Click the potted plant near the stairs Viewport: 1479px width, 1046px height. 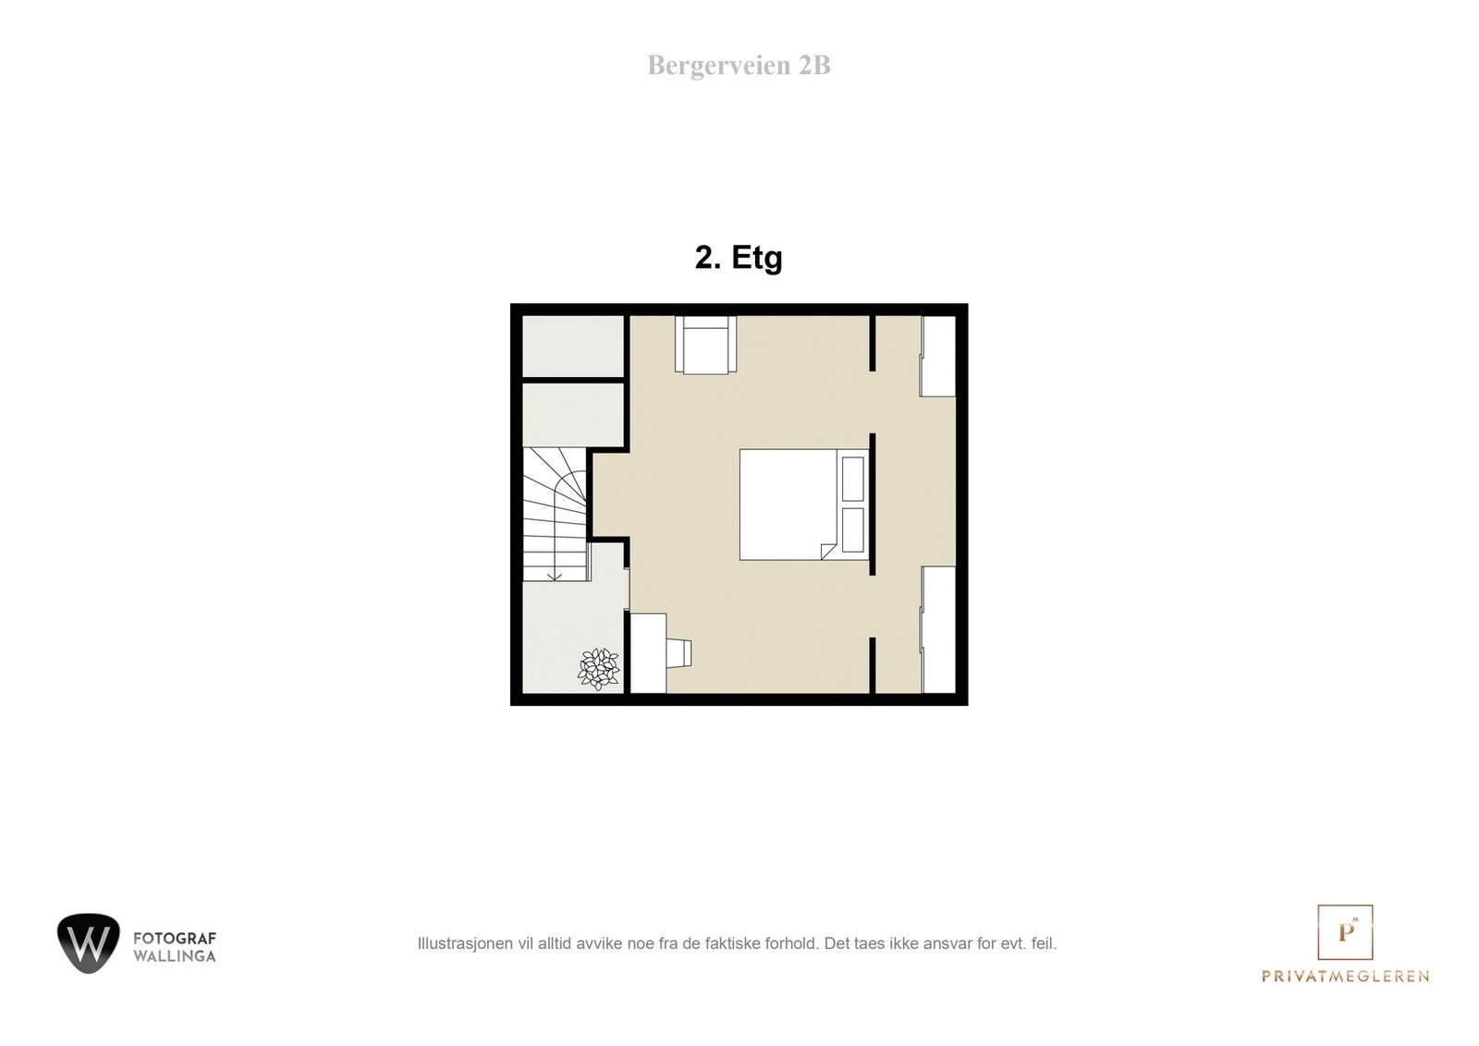[x=599, y=669]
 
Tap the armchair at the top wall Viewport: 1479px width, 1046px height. [x=705, y=345]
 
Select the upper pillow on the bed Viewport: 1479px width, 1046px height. [x=852, y=479]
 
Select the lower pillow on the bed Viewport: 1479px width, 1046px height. [x=852, y=529]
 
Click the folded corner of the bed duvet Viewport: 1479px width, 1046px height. [x=828, y=552]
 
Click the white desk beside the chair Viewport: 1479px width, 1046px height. [x=648, y=652]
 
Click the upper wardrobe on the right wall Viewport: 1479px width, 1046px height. [x=938, y=356]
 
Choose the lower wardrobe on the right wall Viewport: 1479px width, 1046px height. [x=939, y=629]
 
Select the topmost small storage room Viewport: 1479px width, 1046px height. [x=573, y=346]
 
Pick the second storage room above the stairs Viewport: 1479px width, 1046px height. [x=573, y=415]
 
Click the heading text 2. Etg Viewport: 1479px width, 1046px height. [x=739, y=258]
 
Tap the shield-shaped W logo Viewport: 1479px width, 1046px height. [x=89, y=943]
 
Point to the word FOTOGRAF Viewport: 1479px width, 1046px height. [x=175, y=939]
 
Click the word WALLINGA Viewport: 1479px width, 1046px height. [x=175, y=956]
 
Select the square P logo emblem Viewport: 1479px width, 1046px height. [x=1345, y=932]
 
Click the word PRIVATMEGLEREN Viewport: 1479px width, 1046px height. [x=1345, y=977]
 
